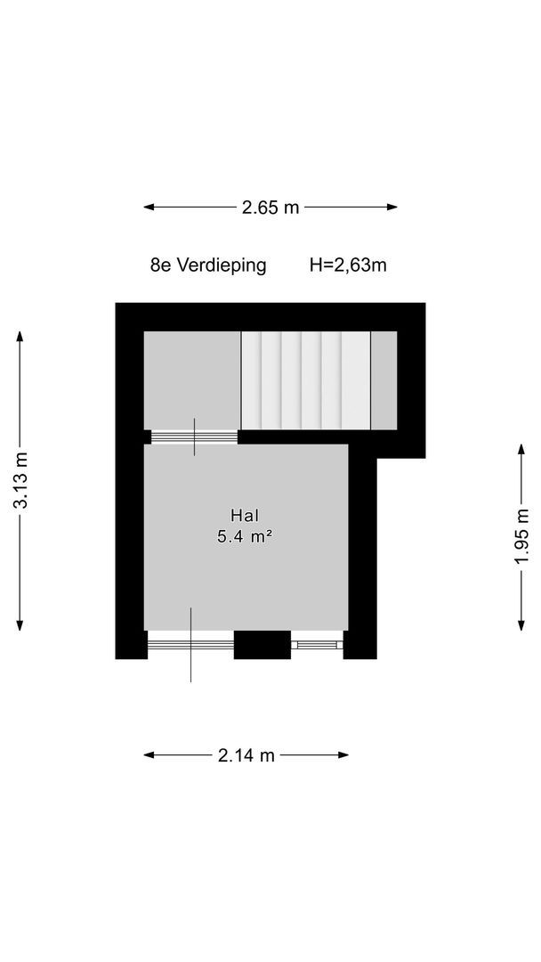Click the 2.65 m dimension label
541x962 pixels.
[x=270, y=208]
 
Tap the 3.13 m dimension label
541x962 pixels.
[x=20, y=482]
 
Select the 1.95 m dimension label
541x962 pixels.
[x=521, y=537]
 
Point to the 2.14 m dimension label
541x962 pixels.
[x=246, y=755]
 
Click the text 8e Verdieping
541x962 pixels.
[x=208, y=265]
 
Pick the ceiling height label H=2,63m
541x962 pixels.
[x=348, y=265]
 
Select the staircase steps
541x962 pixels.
[x=306, y=380]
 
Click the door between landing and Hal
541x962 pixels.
[x=194, y=436]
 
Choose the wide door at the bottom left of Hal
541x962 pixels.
[x=190, y=643]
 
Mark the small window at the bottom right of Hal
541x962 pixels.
[x=318, y=643]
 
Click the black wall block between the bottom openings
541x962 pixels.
[x=262, y=644]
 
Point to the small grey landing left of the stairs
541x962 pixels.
[x=192, y=379]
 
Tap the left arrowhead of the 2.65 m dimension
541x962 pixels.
[x=148, y=208]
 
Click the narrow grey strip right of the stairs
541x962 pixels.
[x=384, y=380]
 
